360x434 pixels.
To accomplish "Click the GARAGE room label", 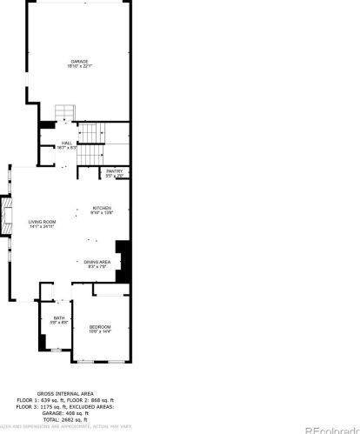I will tap(79, 61).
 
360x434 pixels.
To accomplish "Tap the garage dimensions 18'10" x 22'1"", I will tap(79, 66).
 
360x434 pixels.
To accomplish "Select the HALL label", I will tap(67, 144).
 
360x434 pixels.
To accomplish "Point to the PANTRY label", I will tap(115, 171).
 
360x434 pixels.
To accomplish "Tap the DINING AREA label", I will tap(97, 261).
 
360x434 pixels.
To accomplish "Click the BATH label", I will tap(58, 318).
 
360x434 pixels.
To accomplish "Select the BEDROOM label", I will tap(100, 327).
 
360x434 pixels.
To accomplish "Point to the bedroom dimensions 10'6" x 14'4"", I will tap(100, 332).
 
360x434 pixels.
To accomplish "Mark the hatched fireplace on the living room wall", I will tap(8, 217).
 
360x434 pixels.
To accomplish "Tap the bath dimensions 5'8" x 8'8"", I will tap(58, 324).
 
